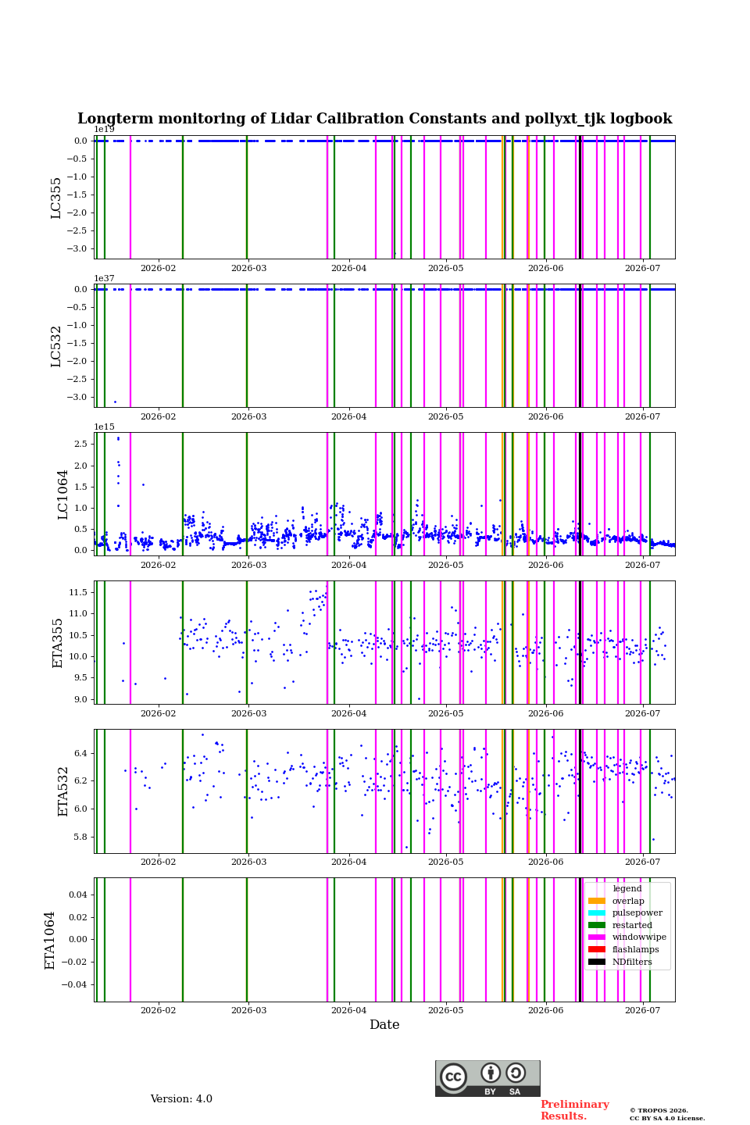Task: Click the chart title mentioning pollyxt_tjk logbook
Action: [374, 119]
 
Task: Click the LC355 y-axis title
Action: [55, 198]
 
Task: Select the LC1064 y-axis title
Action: [62, 495]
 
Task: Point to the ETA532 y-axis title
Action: [62, 791]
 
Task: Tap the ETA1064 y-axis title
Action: [49, 940]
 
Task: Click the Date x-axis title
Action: [384, 1024]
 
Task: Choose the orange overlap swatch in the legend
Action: [596, 901]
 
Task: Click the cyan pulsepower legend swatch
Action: [596, 912]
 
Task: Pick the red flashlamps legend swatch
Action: [596, 949]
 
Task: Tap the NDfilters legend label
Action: [632, 962]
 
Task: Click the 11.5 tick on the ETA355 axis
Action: [78, 593]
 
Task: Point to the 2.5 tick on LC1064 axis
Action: [81, 444]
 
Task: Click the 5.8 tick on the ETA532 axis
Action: [81, 837]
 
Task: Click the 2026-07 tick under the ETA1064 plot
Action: [642, 1010]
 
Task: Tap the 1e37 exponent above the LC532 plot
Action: [104, 278]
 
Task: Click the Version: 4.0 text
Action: [181, 1098]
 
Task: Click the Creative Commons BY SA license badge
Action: [487, 1078]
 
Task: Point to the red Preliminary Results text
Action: [575, 1110]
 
